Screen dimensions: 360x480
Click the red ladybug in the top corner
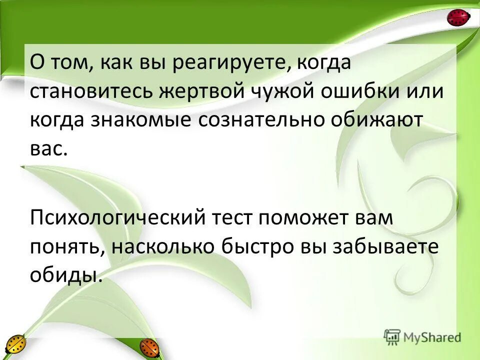(458, 18)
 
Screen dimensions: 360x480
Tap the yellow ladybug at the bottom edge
(15, 345)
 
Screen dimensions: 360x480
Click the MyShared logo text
(433, 337)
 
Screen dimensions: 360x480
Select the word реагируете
(230, 64)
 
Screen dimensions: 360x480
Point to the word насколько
(161, 246)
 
